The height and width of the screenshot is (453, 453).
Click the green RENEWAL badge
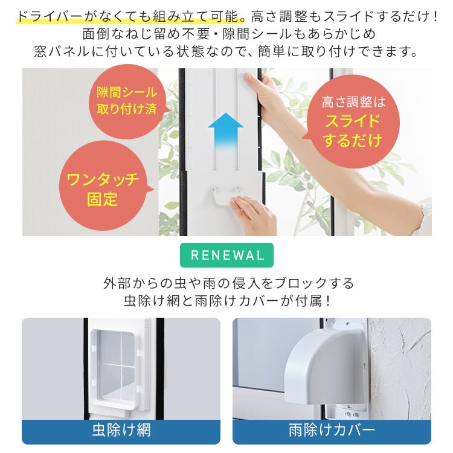point(227,255)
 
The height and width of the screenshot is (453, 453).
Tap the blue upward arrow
point(225,131)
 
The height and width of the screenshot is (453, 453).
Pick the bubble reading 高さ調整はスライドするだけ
point(353,121)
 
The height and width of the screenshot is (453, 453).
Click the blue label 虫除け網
point(121,431)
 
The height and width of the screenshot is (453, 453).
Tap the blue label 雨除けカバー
point(332,431)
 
